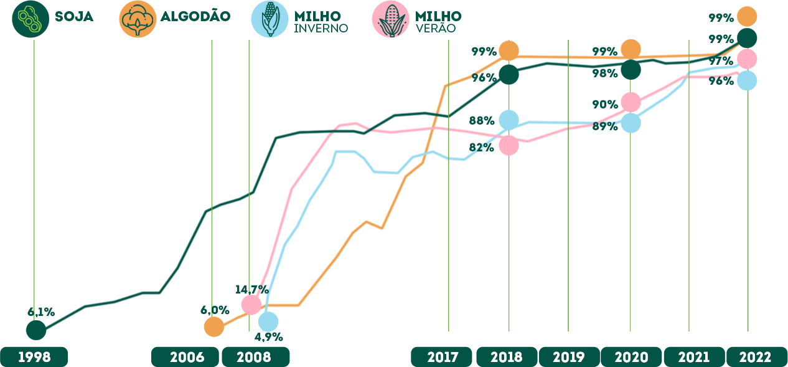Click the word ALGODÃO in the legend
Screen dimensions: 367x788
pyautogui.click(x=195, y=16)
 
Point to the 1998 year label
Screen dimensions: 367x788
pyautogui.click(x=34, y=358)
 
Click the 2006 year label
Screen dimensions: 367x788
pyautogui.click(x=187, y=358)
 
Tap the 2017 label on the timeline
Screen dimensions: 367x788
pyautogui.click(x=443, y=358)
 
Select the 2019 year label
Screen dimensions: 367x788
pyautogui.click(x=569, y=358)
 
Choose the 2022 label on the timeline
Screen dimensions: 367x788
pyautogui.click(x=755, y=358)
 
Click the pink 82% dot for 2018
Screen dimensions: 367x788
pyautogui.click(x=509, y=145)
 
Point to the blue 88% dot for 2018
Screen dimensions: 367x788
pyautogui.click(x=509, y=120)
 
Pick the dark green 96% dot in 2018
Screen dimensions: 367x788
pyautogui.click(x=509, y=74)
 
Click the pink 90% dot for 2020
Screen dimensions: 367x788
pyautogui.click(x=631, y=102)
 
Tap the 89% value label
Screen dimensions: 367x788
pyautogui.click(x=605, y=126)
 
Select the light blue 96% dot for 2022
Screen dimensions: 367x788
pyautogui.click(x=747, y=80)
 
